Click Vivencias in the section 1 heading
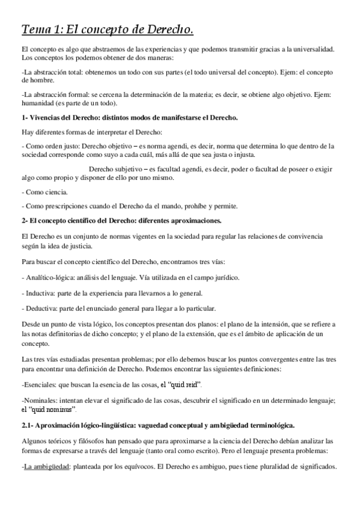[46, 118]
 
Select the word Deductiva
[40, 309]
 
